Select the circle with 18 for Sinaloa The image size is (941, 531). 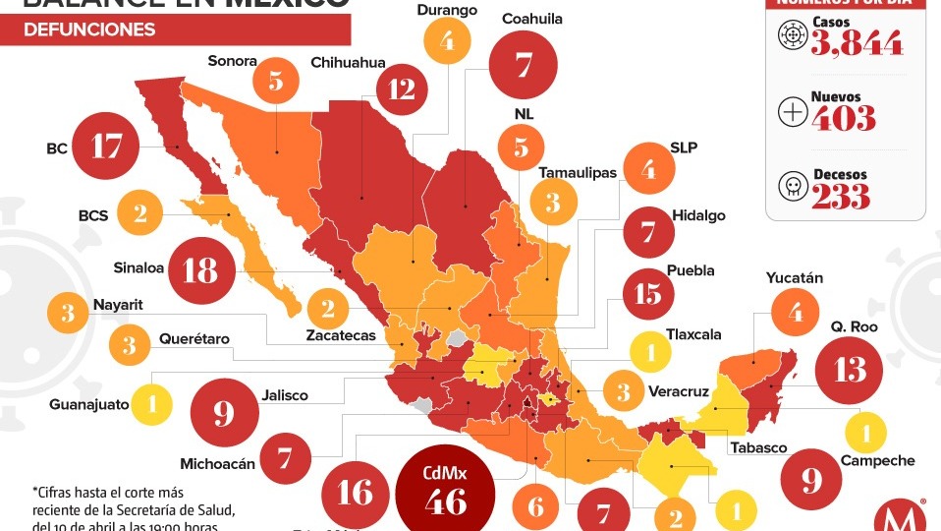200,269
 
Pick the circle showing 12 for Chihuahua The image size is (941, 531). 401,89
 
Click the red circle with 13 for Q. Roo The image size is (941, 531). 850,370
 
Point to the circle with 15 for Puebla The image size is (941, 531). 648,294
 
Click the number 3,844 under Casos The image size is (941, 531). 857,43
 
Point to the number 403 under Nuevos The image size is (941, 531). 844,118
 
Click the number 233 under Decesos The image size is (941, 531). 841,196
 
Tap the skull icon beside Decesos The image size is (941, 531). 793,186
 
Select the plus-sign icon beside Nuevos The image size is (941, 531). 793,111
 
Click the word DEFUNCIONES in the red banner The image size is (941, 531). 89,29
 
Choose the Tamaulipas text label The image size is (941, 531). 578,173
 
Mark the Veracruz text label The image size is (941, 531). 678,391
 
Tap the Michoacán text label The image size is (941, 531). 218,463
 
